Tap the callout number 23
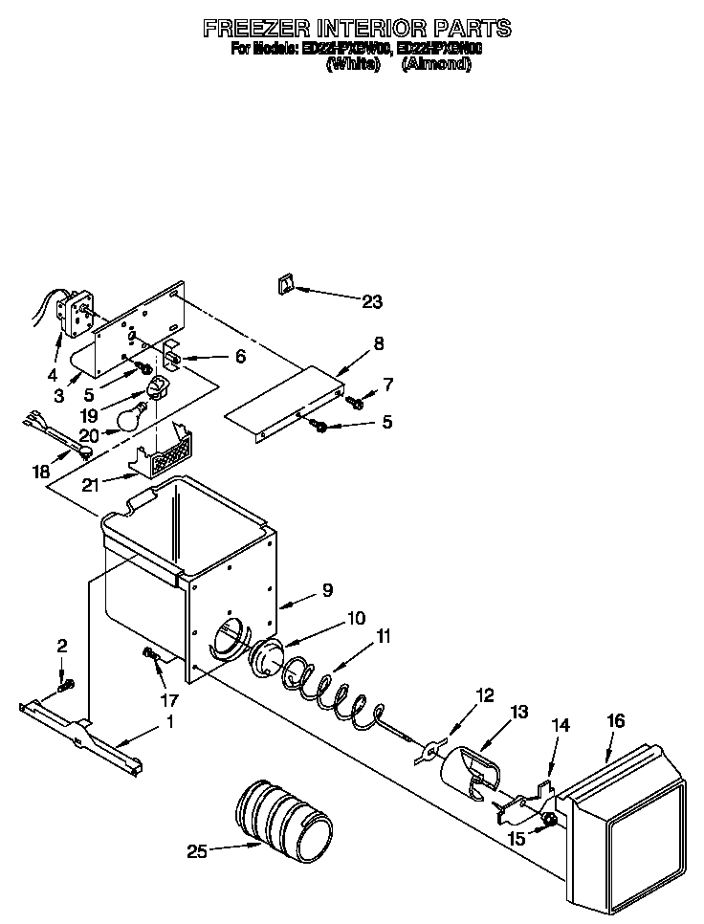(x=372, y=302)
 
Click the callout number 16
(x=615, y=721)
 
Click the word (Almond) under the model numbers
(x=436, y=64)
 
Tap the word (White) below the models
(x=354, y=64)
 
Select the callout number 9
(x=327, y=590)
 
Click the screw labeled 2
(x=65, y=685)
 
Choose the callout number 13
(x=518, y=712)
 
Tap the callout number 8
(x=379, y=342)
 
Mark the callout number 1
(x=170, y=723)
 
